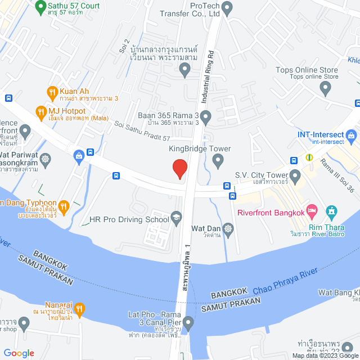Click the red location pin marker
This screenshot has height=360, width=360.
tap(179, 168)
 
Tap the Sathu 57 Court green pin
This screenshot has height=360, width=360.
tap(40, 8)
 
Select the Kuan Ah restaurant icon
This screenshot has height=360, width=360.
tap(52, 91)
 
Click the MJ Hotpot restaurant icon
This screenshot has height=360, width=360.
tap(40, 111)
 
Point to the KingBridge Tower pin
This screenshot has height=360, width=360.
tap(219, 163)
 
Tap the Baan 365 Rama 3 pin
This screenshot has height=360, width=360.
tap(206, 118)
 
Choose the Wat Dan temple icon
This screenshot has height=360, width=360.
tap(227, 228)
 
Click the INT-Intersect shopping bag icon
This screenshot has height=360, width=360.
tap(352, 136)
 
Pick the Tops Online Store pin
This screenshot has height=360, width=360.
tap(325, 87)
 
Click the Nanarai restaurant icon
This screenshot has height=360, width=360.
tap(79, 308)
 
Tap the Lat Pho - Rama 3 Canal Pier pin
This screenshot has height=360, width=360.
tap(188, 323)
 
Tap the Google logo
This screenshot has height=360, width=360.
tap(18, 353)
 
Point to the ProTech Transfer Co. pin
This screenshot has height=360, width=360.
tap(227, 8)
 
